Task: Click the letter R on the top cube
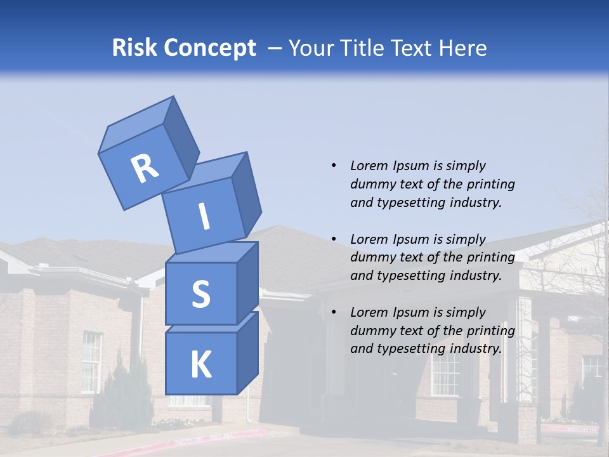145,169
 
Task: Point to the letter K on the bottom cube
200,365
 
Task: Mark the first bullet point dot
334,166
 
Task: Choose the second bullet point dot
334,239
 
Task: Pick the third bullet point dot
334,312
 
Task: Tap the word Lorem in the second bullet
369,239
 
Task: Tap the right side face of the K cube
247,352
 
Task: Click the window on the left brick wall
91,362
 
